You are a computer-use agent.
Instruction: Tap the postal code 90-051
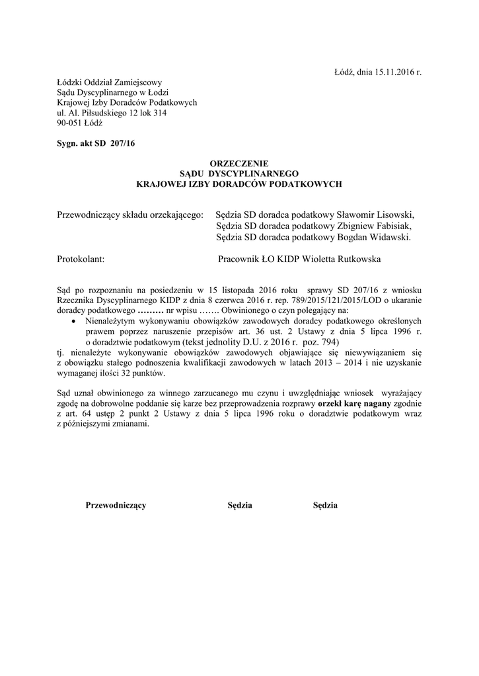pos(71,123)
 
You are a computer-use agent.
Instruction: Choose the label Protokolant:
pos(81,259)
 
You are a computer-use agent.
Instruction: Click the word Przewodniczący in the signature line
pos(116,506)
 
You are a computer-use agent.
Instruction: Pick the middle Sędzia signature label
pos(240,506)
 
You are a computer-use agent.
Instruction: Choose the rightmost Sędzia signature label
pos(325,506)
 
